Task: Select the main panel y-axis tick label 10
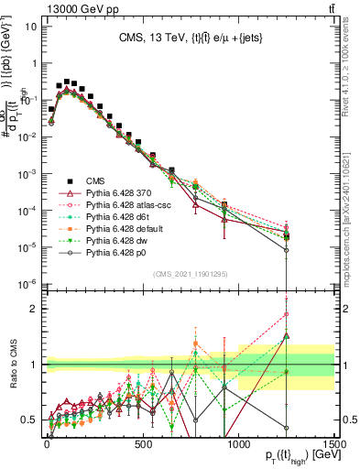coord(31,27)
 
